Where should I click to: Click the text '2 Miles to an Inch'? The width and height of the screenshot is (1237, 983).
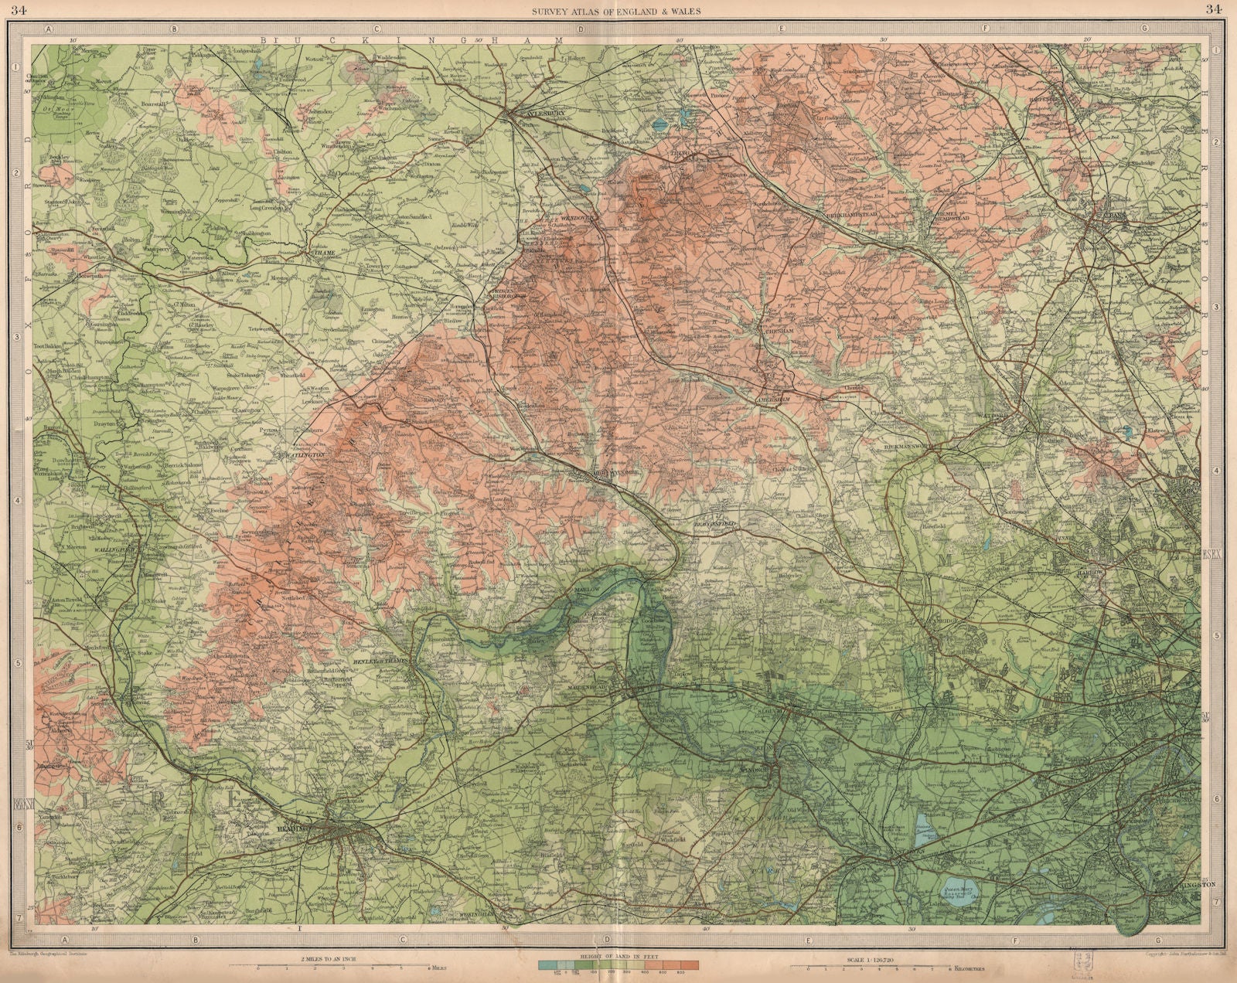[x=327, y=957]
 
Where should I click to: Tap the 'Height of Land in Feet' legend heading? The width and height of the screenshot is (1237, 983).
[x=618, y=957]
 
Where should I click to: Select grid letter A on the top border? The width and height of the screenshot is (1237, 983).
[x=48, y=29]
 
